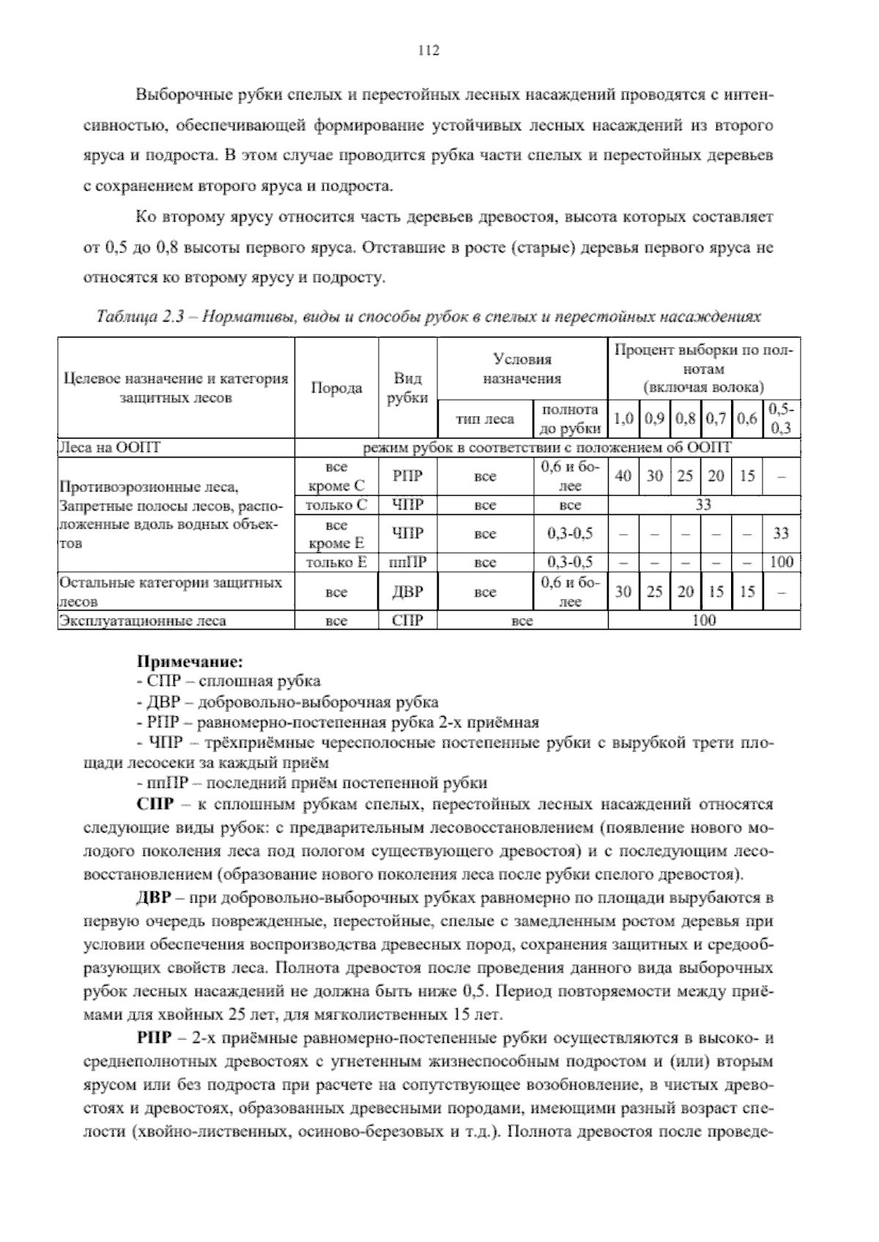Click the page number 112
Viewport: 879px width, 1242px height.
[428, 51]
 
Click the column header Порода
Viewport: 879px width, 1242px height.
[336, 388]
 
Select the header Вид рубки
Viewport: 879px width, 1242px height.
[408, 388]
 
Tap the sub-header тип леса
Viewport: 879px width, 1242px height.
[485, 419]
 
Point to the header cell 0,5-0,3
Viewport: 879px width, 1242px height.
[782, 419]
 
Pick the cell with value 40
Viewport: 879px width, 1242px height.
[623, 476]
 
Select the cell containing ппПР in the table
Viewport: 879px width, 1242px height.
[408, 562]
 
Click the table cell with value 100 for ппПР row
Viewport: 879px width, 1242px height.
[782, 562]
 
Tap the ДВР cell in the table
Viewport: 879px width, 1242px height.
[408, 592]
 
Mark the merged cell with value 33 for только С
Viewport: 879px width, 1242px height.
[703, 505]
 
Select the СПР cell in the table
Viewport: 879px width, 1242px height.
[408, 621]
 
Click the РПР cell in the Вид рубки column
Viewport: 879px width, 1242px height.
[408, 476]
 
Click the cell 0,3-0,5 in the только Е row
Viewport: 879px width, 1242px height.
[570, 562]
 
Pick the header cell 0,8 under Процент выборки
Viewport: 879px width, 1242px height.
[686, 419]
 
